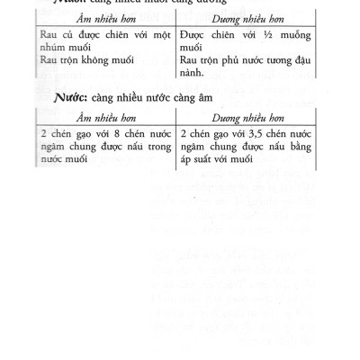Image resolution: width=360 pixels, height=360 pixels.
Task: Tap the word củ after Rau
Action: pyautogui.click(x=76, y=33)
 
